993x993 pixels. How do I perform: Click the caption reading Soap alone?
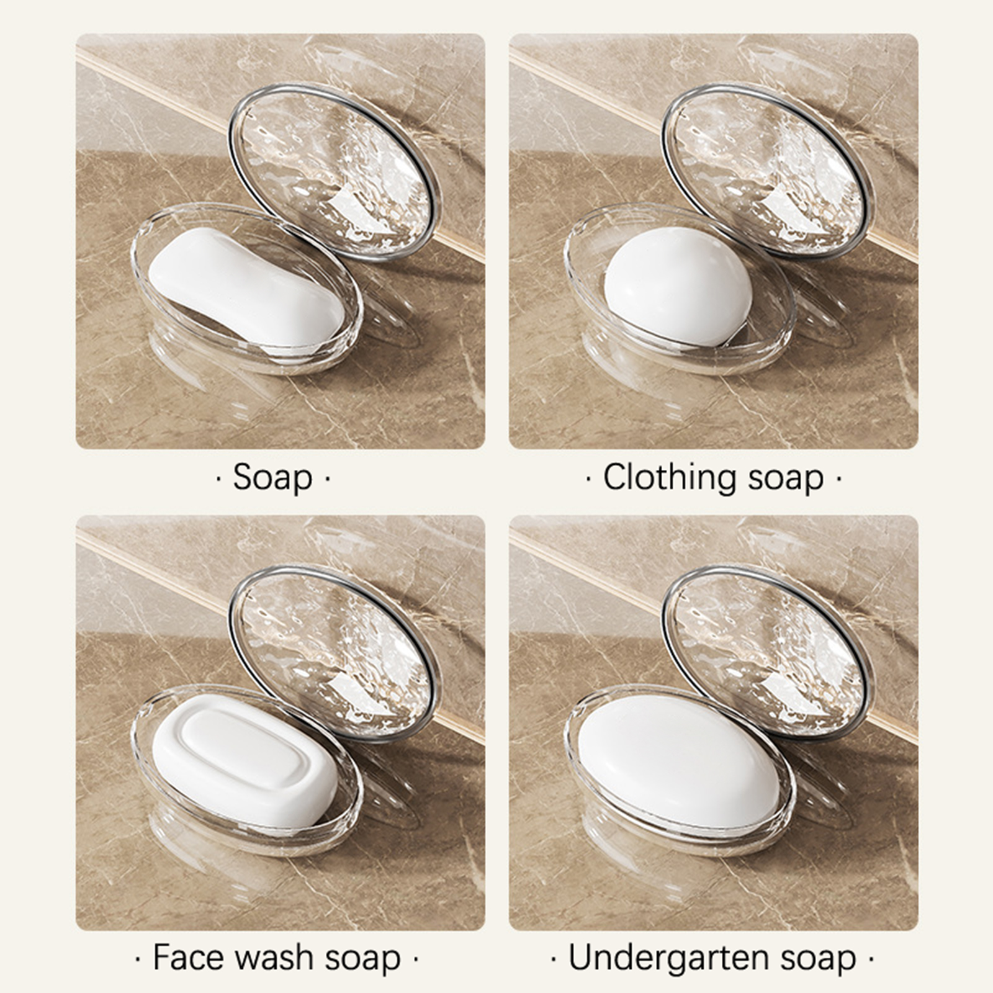point(272,478)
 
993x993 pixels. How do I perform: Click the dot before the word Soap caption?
point(218,479)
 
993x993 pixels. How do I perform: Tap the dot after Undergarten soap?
point(871,959)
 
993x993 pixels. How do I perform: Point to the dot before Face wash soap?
point(137,959)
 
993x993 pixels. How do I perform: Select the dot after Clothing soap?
point(838,479)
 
